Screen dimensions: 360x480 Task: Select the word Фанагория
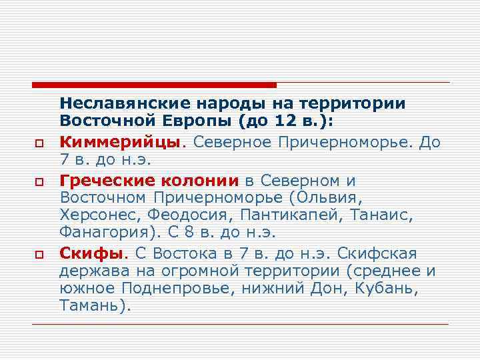tap(103, 235)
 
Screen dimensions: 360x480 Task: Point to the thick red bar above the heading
tap(154, 85)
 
